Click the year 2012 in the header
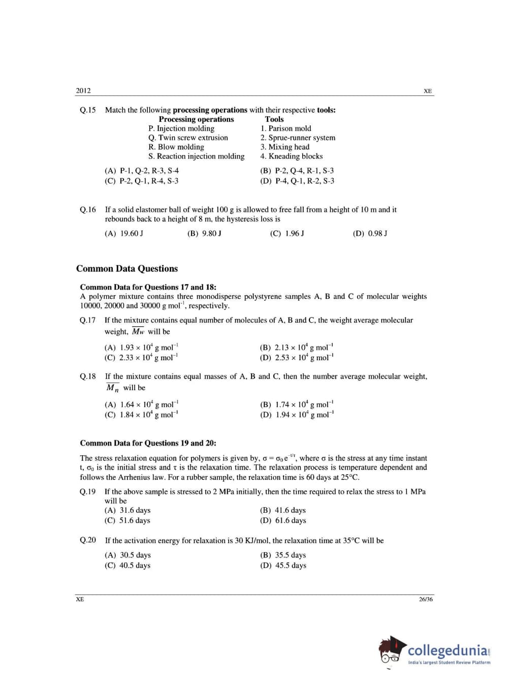[x=83, y=91]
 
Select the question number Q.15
[x=87, y=110]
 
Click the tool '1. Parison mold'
[x=285, y=129]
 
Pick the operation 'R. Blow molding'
[x=176, y=147]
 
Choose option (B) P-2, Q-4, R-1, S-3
[x=297, y=171]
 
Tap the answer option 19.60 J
[x=124, y=234]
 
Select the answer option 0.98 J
[x=370, y=234]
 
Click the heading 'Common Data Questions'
[x=127, y=269]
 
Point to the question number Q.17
[x=87, y=321]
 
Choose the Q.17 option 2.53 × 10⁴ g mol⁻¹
[x=297, y=358]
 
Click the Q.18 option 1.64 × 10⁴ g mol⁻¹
[x=142, y=404]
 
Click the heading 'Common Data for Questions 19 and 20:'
[x=148, y=443]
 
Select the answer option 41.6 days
[x=283, y=510]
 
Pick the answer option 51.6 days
[x=128, y=520]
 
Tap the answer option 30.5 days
[x=128, y=555]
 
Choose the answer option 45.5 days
[x=283, y=566]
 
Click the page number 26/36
[x=426, y=600]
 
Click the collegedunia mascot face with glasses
[x=390, y=652]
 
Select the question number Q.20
[x=87, y=540]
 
